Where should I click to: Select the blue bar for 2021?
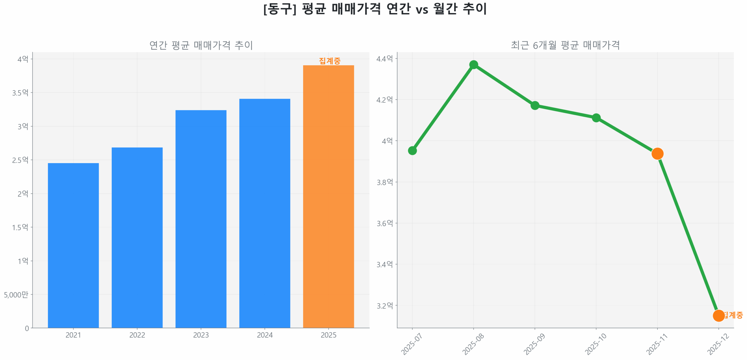click(73, 245)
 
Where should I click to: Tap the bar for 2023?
click(201, 219)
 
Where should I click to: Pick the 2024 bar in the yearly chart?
click(264, 213)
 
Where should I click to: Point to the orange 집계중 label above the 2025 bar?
click(329, 61)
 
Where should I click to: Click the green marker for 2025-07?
click(412, 151)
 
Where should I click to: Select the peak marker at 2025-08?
click(473, 64)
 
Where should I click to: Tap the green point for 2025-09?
click(535, 105)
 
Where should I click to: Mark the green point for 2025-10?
click(596, 118)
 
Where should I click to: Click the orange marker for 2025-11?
click(657, 153)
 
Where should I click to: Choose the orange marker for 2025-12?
click(718, 315)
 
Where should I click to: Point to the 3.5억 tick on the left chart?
click(20, 93)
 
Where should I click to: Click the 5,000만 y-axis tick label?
click(16, 295)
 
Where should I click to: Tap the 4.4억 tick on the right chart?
click(384, 59)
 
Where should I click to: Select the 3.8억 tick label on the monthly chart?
click(384, 182)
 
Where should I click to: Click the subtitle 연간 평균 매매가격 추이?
click(201, 45)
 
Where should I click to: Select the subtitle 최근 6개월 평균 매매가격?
click(565, 45)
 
